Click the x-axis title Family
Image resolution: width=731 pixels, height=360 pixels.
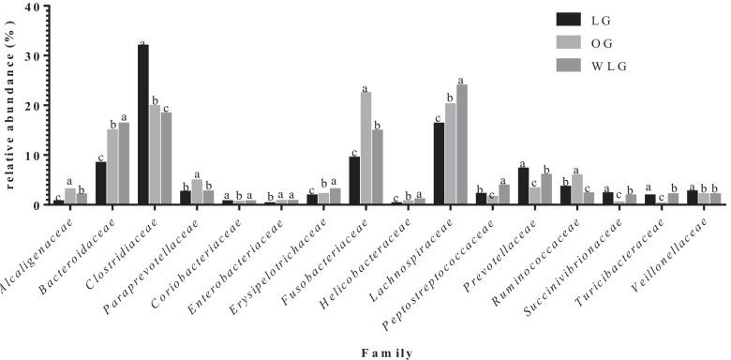(385, 352)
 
